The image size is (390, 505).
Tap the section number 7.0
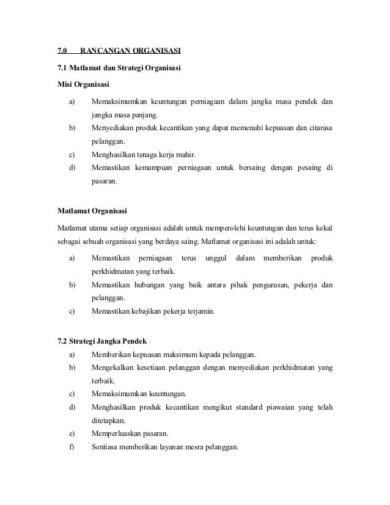[x=62, y=50]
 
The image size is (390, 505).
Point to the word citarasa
[x=318, y=127]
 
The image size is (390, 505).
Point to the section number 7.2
[x=62, y=340]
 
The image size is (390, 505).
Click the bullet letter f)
[x=72, y=447]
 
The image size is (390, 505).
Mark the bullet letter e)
[x=72, y=434]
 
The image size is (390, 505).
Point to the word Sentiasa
[x=105, y=447]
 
